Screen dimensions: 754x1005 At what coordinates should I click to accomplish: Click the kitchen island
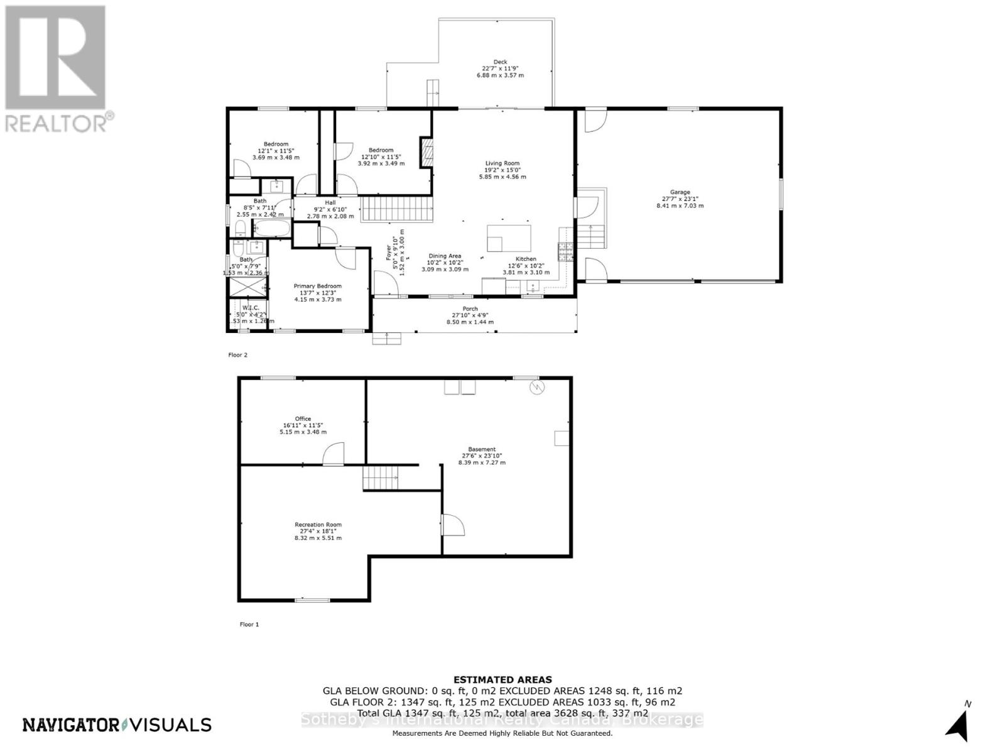point(508,238)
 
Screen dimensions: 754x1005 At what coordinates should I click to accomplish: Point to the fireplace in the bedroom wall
point(426,152)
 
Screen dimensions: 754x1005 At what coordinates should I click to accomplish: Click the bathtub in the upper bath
point(272,228)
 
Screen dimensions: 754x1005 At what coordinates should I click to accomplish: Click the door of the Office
point(334,454)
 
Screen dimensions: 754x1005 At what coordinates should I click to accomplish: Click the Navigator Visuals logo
point(117,724)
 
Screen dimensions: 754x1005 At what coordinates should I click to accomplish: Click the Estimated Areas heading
point(503,679)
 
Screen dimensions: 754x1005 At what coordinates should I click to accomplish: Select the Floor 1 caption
point(249,624)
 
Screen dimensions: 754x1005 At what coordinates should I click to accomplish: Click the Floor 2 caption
point(237,355)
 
